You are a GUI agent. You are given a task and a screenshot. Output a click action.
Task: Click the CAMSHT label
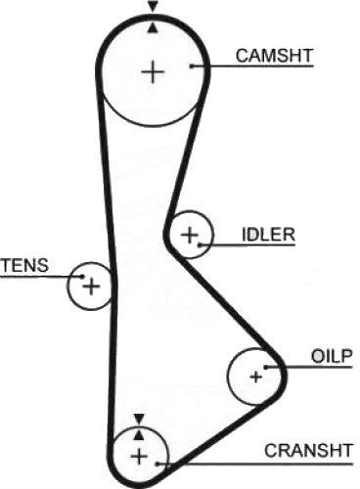pyautogui.click(x=274, y=56)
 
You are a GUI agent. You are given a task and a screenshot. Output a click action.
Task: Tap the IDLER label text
pyautogui.click(x=268, y=235)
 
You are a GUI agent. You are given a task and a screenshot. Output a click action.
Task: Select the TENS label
pyautogui.click(x=24, y=265)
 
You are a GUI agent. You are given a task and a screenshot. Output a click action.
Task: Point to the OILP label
pyautogui.click(x=332, y=356)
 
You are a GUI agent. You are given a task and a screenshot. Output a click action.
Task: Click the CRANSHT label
pyautogui.click(x=308, y=451)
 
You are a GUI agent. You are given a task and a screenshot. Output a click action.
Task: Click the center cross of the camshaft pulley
pyautogui.click(x=153, y=71)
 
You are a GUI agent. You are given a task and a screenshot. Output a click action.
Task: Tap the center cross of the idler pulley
pyautogui.click(x=189, y=235)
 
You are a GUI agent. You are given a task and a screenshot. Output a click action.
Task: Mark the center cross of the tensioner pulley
pyautogui.click(x=91, y=287)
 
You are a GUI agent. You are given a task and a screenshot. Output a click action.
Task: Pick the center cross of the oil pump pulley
pyautogui.click(x=256, y=377)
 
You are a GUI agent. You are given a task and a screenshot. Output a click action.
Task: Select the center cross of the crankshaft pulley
pyautogui.click(x=139, y=457)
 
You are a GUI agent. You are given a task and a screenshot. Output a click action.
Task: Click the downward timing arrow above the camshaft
pyautogui.click(x=153, y=6)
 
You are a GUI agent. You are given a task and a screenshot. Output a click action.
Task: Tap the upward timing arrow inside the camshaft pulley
pyautogui.click(x=153, y=28)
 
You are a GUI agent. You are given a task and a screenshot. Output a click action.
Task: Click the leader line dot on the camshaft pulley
pyautogui.click(x=192, y=67)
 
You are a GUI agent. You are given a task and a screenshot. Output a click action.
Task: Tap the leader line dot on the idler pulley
pyautogui.click(x=200, y=244)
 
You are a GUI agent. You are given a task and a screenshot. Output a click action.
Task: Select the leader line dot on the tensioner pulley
pyautogui.click(x=82, y=277)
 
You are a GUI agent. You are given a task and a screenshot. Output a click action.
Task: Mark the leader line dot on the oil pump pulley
pyautogui.click(x=266, y=367)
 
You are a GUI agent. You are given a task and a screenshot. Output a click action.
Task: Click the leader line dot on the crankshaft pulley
pyautogui.click(x=157, y=464)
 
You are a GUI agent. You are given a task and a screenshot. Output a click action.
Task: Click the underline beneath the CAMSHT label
pyautogui.click(x=252, y=67)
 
